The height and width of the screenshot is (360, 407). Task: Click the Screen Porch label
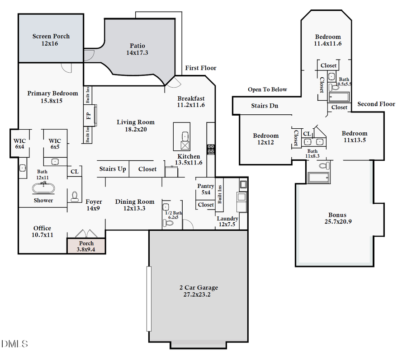pos(51,40)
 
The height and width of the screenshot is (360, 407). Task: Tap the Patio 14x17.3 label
pos(137,49)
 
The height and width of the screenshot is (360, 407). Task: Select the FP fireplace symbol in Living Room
pos(90,115)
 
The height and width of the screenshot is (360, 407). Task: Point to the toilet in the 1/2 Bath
pos(169,222)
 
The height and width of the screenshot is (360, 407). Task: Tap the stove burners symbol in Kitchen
pos(210,150)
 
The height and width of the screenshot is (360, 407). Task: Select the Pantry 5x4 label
pos(206,189)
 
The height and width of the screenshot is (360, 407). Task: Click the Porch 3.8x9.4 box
pos(86,246)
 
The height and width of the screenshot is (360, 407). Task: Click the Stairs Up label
pos(113,169)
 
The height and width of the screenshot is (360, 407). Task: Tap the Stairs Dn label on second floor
pos(265,106)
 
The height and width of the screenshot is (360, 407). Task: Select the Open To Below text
pos(267,89)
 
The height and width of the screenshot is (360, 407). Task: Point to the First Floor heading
pos(201,68)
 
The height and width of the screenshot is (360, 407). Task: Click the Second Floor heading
pos(376,104)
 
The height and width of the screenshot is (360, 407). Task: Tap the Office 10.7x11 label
pos(43,231)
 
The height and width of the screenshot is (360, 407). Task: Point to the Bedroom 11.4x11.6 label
pos(328,40)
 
